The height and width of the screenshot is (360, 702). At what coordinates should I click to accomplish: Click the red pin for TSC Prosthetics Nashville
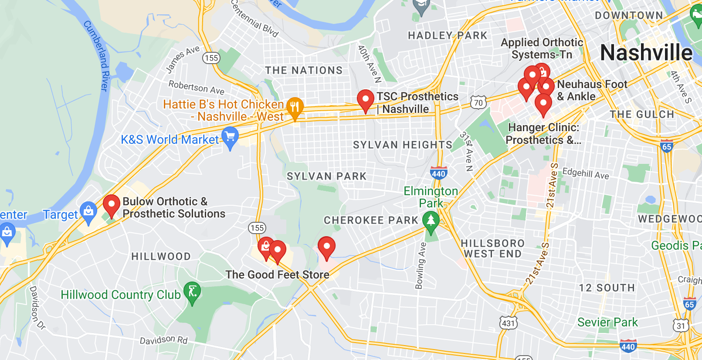click(365, 99)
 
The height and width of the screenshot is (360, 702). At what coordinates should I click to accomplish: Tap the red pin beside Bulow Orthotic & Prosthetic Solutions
click(111, 204)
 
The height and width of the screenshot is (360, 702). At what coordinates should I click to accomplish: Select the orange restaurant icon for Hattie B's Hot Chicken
click(295, 107)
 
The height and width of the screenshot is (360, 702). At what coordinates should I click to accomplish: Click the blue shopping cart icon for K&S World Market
click(230, 137)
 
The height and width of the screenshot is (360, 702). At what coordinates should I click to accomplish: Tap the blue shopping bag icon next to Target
click(88, 212)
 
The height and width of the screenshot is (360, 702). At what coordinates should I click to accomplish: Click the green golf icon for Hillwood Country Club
click(192, 292)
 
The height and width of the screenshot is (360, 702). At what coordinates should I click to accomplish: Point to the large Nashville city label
click(646, 53)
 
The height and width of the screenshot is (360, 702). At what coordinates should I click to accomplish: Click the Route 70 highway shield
click(478, 102)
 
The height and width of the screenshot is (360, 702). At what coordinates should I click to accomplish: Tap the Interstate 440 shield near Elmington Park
click(438, 173)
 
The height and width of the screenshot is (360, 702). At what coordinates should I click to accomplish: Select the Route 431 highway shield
click(509, 323)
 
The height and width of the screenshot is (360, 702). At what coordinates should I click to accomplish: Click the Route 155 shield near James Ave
click(211, 58)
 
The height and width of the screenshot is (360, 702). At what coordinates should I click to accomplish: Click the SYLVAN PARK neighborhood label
click(326, 177)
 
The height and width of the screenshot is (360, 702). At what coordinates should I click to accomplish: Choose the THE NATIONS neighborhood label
click(304, 70)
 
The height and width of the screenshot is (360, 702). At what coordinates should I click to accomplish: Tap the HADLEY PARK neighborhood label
click(447, 36)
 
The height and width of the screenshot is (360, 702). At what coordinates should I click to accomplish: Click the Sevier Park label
click(607, 323)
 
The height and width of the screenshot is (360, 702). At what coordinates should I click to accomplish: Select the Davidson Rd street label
click(163, 340)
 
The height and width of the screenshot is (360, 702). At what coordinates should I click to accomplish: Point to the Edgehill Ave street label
click(586, 173)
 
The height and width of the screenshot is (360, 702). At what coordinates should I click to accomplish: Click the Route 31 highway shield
click(681, 326)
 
